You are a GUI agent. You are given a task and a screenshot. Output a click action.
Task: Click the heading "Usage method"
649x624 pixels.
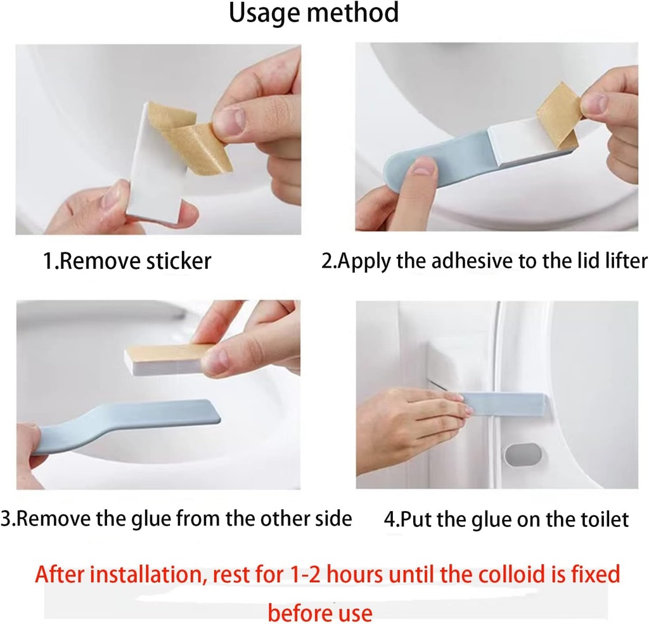(x=314, y=13)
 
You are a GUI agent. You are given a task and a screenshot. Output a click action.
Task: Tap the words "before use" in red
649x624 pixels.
(x=320, y=613)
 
